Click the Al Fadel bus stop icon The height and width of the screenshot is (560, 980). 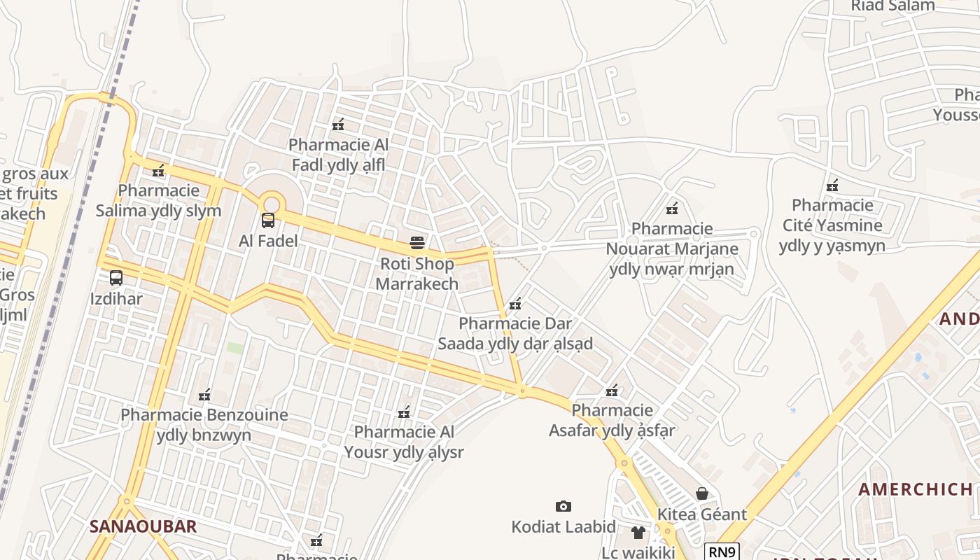click(268, 220)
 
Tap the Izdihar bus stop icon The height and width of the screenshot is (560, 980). click(116, 278)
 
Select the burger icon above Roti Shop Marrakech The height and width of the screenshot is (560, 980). click(417, 243)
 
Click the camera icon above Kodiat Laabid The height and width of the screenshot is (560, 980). click(563, 506)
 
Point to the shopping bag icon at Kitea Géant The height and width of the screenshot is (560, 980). click(702, 493)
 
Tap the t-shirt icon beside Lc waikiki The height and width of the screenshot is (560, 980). click(638, 533)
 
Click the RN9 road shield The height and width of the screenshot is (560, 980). click(722, 552)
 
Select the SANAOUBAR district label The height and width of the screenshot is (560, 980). click(143, 526)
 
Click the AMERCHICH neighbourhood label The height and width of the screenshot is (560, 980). click(915, 489)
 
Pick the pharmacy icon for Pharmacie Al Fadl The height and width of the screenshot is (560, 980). click(338, 125)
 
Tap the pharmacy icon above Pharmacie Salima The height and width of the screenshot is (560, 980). click(159, 170)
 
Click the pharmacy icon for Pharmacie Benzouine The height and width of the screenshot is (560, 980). click(204, 395)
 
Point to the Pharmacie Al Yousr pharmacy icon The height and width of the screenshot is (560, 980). click(404, 412)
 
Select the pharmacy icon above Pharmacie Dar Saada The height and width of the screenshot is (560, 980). click(516, 304)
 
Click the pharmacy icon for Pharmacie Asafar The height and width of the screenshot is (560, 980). click(612, 390)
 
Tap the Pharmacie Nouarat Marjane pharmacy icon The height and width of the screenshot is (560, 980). click(672, 208)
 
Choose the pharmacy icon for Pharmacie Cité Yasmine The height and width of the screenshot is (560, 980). click(832, 185)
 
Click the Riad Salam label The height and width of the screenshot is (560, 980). click(892, 6)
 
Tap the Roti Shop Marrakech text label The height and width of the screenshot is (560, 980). click(417, 274)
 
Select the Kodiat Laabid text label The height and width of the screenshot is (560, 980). click(563, 527)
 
